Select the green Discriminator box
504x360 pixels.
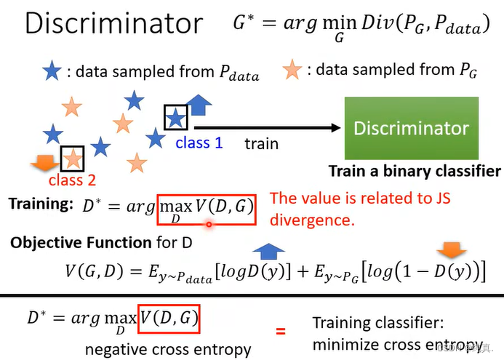pos(411,128)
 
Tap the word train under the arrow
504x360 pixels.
pos(261,143)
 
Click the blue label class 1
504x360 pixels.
pos(199,143)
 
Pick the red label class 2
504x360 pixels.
pos(72,180)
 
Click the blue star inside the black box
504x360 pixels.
pos(175,117)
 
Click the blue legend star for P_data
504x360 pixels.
pos(52,71)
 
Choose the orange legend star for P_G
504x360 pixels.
pos(292,71)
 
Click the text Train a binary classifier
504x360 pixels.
pos(415,172)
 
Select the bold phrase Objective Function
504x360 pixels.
pos(81,242)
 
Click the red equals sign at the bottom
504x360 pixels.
pos(280,332)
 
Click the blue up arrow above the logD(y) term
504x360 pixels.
pos(271,252)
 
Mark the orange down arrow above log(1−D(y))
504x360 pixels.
pos(455,251)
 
